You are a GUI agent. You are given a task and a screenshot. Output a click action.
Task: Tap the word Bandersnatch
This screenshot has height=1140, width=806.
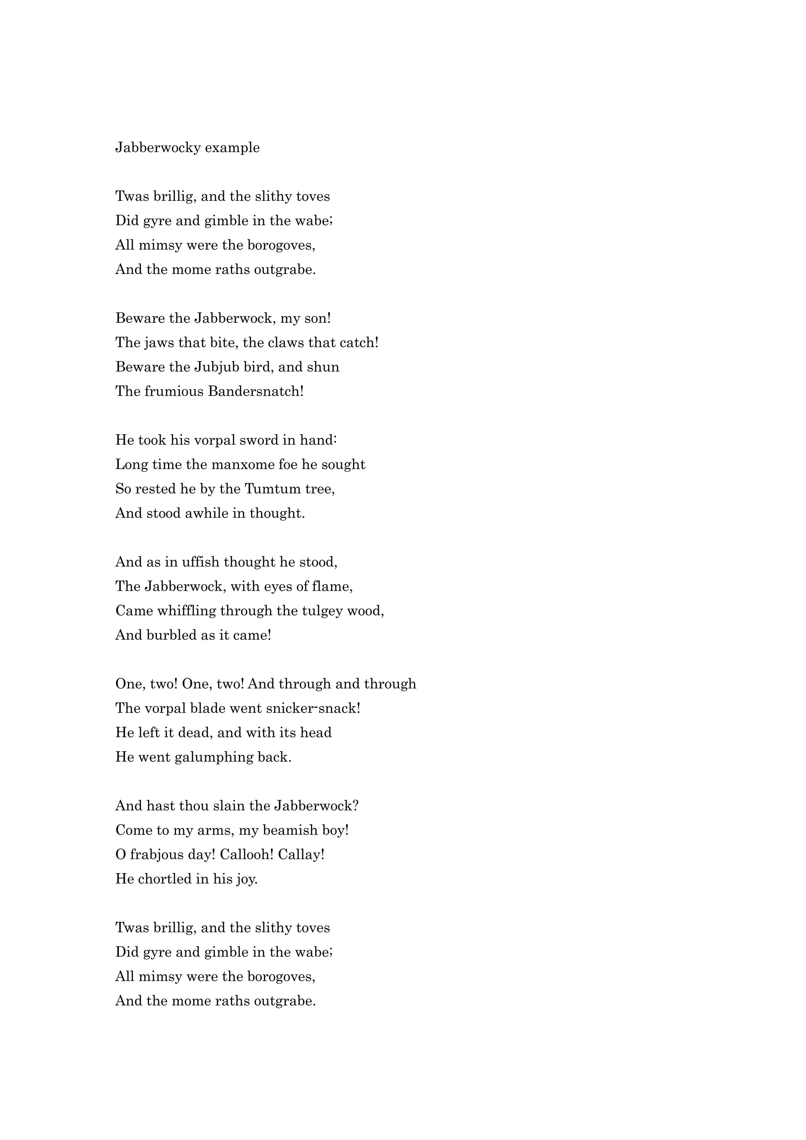click(255, 391)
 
